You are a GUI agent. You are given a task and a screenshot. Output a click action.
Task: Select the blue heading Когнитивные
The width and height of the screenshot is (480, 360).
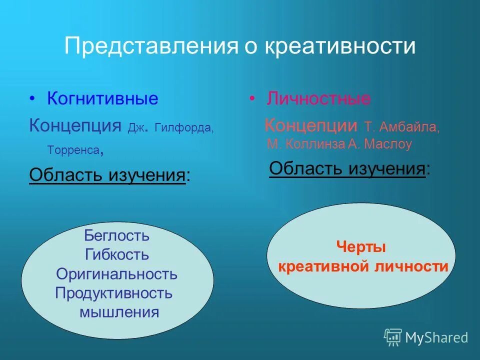click(x=102, y=98)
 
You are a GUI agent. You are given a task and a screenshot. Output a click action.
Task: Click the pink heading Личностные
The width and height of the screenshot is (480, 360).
click(x=318, y=98)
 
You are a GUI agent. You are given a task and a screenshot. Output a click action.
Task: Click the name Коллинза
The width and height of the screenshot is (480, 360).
click(x=314, y=145)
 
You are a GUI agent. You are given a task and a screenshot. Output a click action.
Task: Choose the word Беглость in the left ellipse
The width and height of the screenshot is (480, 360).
click(x=116, y=235)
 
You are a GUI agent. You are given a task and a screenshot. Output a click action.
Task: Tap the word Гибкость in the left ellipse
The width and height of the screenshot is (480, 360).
click(x=116, y=254)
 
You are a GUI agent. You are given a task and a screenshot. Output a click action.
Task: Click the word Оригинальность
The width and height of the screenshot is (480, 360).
click(x=116, y=274)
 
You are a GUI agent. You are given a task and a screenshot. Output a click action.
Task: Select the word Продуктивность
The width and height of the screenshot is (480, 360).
click(x=114, y=293)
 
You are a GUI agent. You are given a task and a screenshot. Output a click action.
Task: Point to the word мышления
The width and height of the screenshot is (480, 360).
click(x=119, y=313)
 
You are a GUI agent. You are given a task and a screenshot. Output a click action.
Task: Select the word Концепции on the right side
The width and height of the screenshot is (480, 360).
click(x=310, y=125)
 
